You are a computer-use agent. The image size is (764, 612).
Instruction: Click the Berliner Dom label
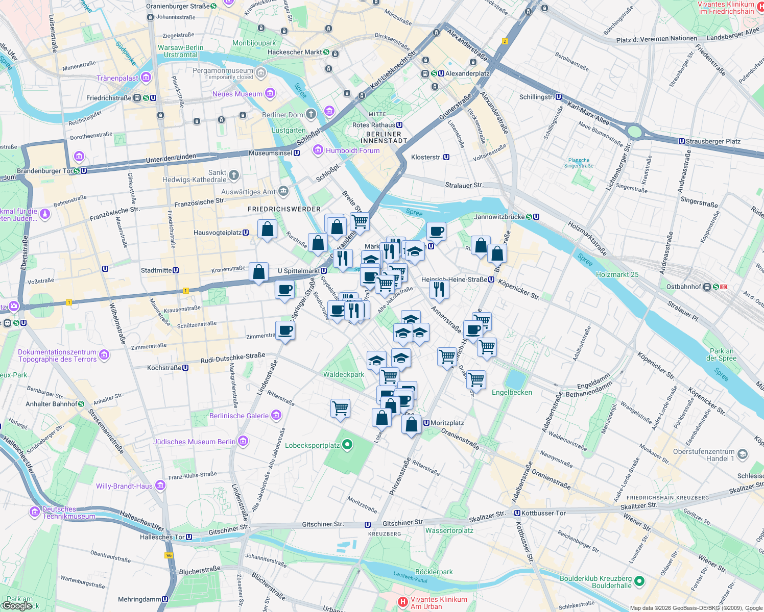[x=282, y=115]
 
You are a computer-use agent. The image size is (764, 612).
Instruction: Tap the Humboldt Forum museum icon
[x=318, y=150]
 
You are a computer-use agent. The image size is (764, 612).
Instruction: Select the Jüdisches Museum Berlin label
[x=195, y=442]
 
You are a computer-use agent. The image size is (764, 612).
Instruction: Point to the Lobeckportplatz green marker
[x=347, y=445]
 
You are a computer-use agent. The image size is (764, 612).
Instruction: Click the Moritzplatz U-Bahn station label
[x=447, y=423]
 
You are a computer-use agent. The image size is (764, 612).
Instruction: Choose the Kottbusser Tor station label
[x=543, y=513]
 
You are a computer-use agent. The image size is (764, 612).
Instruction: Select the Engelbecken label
[x=512, y=392]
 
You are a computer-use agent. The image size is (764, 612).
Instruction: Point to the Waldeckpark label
[x=344, y=374]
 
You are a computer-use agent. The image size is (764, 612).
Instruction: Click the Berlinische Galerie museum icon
[x=276, y=415]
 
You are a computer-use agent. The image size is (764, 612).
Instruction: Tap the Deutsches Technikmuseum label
[x=68, y=513]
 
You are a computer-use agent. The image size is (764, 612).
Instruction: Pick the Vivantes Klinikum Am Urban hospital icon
[x=403, y=602]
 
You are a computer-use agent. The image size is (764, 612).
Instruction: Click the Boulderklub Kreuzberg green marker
[x=639, y=581]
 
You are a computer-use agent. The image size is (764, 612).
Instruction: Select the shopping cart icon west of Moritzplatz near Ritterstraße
[x=340, y=408]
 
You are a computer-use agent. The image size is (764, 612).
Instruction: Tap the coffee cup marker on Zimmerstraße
[x=285, y=330]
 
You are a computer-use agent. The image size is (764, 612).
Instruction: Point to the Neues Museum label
[x=237, y=94]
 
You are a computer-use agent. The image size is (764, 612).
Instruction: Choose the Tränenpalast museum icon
[x=146, y=78]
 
